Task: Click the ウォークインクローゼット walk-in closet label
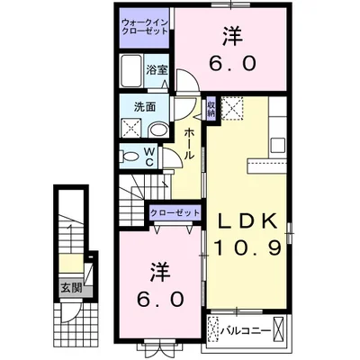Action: [145, 26]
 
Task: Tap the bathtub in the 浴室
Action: [131, 69]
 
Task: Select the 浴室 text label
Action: [158, 70]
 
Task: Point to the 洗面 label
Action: [145, 106]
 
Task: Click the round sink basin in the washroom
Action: [159, 130]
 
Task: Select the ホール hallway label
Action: [190, 143]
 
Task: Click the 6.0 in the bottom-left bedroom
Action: [160, 295]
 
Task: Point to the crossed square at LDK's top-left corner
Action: [236, 110]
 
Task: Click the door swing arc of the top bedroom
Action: [187, 83]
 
